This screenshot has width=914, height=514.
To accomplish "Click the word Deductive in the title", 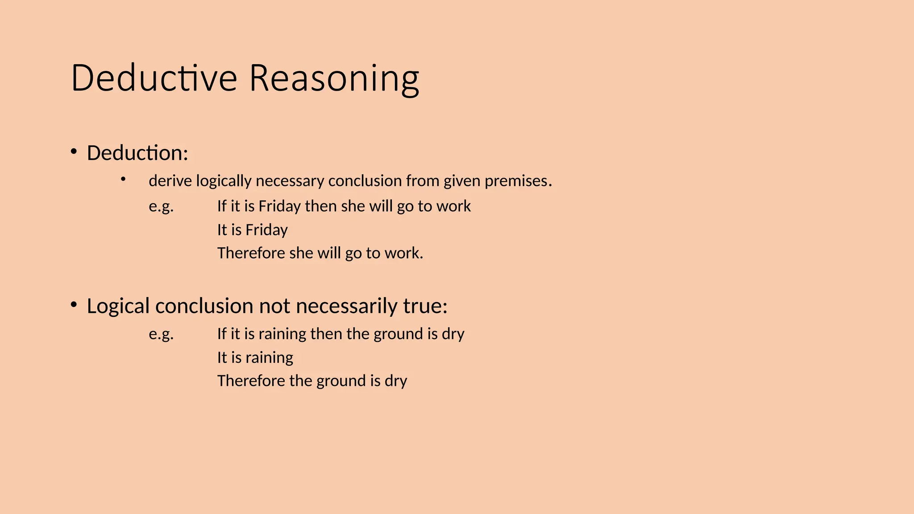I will [154, 78].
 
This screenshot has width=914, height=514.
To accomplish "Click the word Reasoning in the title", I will [334, 78].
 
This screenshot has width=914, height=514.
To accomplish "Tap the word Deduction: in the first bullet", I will [137, 153].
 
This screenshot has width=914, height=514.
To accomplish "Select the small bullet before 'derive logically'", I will [123, 179].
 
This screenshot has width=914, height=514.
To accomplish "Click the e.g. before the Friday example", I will [161, 206].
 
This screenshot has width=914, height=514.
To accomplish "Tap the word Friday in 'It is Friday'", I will [266, 230].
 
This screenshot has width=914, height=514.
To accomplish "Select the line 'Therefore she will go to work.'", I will [320, 253].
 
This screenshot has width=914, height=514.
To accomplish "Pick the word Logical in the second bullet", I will [118, 306].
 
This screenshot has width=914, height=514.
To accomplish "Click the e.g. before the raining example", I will [161, 334].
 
